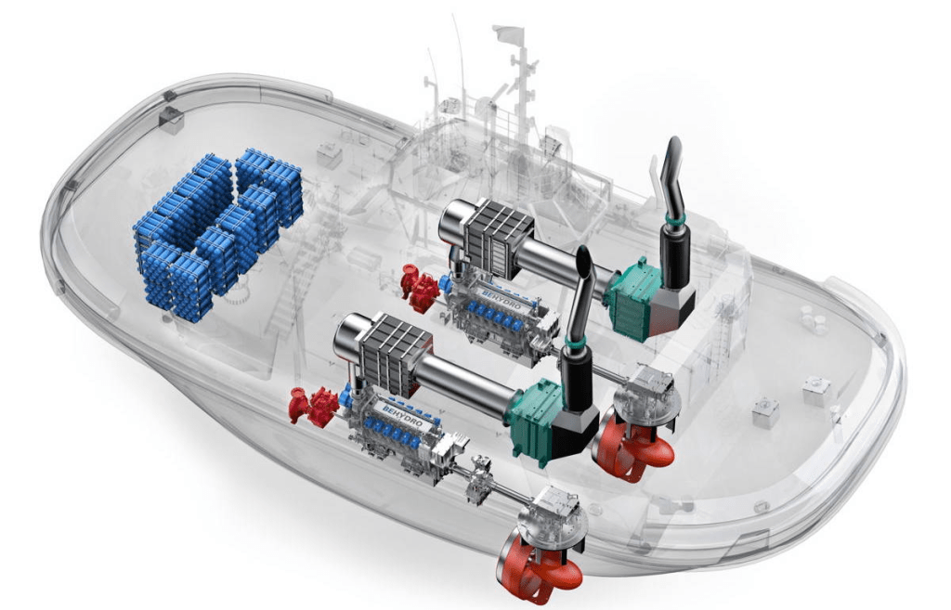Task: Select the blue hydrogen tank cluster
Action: coord(216,232)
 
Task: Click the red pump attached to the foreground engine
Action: coord(314,405)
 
